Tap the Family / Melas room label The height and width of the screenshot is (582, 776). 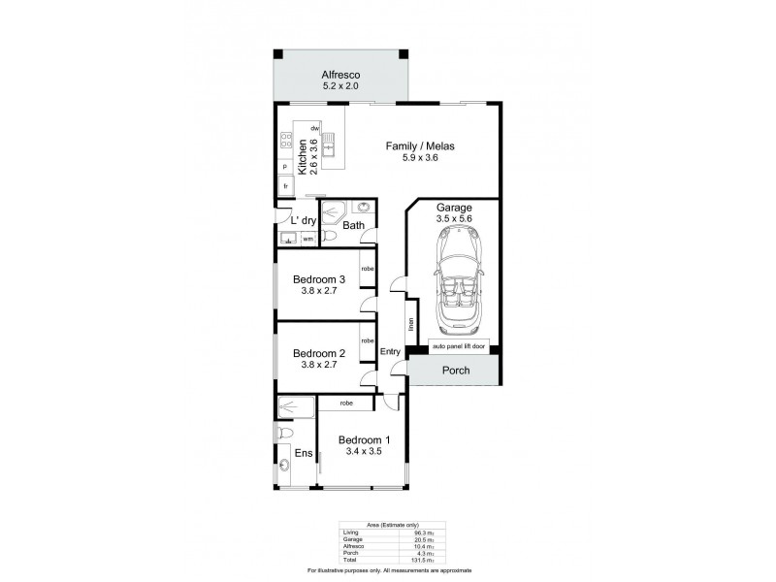pos(420,146)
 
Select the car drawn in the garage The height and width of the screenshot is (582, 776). pos(454,289)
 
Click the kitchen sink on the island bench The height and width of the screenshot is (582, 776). pos(329,147)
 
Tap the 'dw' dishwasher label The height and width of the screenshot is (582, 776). pos(315,128)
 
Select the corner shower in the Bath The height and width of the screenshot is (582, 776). pos(336,210)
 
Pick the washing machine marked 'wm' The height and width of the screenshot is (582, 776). pos(307,238)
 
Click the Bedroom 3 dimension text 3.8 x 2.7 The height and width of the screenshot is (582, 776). pos(319,290)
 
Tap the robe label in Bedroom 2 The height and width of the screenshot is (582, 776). pos(368,340)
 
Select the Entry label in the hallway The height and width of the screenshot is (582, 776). pos(391,351)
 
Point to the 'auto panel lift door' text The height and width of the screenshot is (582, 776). pos(453,346)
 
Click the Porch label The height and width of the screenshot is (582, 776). pos(456,370)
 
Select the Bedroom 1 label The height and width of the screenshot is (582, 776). pos(364,440)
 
